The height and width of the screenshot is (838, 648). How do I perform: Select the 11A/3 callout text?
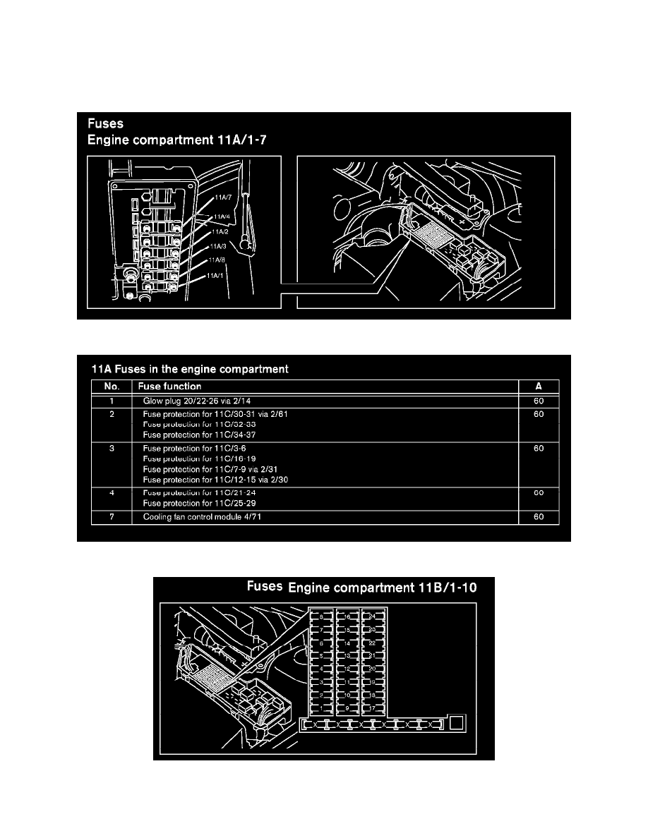[218, 246]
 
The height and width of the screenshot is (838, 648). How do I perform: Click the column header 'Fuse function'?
[172, 387]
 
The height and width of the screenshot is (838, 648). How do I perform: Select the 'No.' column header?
[111, 387]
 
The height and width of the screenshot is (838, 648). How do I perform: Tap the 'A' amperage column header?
[539, 387]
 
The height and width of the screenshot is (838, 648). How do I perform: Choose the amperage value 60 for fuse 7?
[539, 517]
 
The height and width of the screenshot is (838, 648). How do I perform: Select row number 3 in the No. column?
[112, 449]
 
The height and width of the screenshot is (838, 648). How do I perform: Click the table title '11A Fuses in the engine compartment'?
[190, 368]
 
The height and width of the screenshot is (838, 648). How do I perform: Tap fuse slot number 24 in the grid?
[372, 616]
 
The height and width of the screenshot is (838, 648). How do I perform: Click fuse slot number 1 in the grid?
[323, 708]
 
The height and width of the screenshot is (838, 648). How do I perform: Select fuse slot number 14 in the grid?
[347, 643]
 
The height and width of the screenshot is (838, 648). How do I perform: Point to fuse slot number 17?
[372, 708]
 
